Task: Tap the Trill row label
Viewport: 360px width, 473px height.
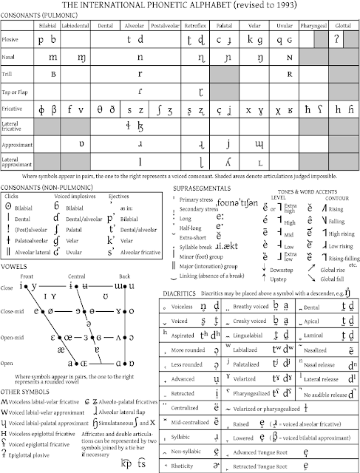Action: point(10,74)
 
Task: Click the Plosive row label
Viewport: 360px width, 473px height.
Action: point(11,39)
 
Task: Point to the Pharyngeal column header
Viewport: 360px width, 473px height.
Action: point(311,24)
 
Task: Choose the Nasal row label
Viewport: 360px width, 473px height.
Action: point(10,56)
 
